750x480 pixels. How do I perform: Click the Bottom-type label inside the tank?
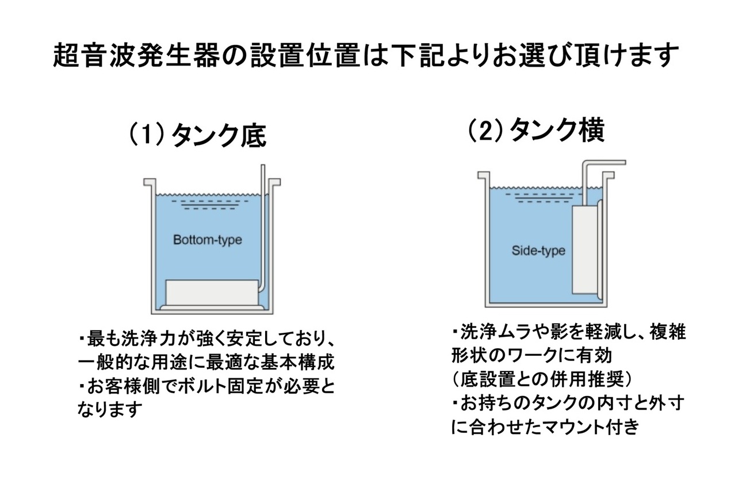[207, 240]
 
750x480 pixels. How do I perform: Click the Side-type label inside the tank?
[538, 251]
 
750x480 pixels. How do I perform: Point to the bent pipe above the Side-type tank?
[601, 164]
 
